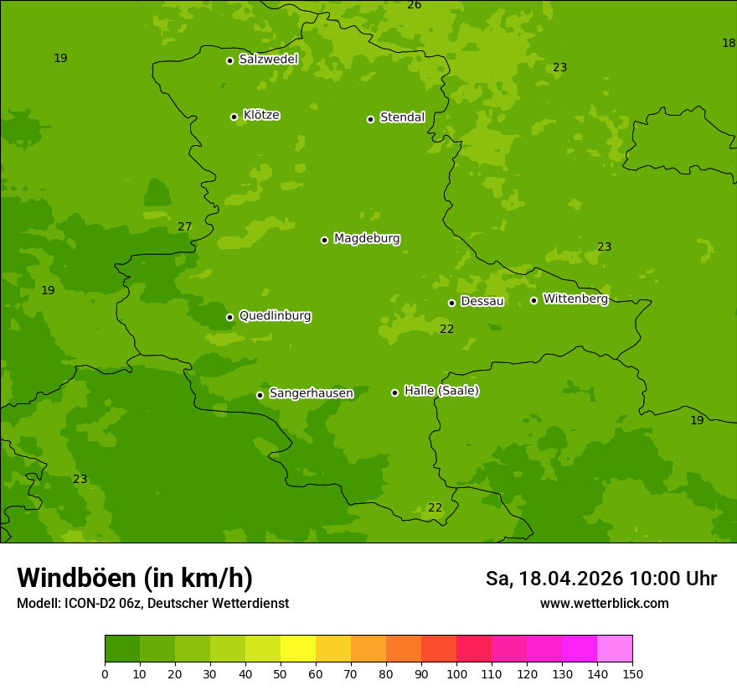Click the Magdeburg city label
tap(367, 239)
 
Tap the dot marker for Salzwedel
tap(229, 60)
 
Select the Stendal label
tap(403, 117)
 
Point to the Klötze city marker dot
tap(234, 117)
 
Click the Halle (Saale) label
tap(441, 391)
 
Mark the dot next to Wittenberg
tap(533, 300)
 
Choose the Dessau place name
tap(482, 301)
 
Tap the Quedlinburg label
tap(275, 316)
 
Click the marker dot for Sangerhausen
tap(260, 395)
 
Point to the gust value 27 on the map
tap(185, 226)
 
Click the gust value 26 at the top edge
tap(414, 5)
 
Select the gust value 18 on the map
tap(729, 43)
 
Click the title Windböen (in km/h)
tap(135, 578)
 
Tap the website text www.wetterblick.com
tap(604, 603)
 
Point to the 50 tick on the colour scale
tap(281, 673)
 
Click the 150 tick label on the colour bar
tap(632, 673)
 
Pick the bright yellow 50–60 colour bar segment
tap(298, 649)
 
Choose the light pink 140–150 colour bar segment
tap(615, 649)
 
